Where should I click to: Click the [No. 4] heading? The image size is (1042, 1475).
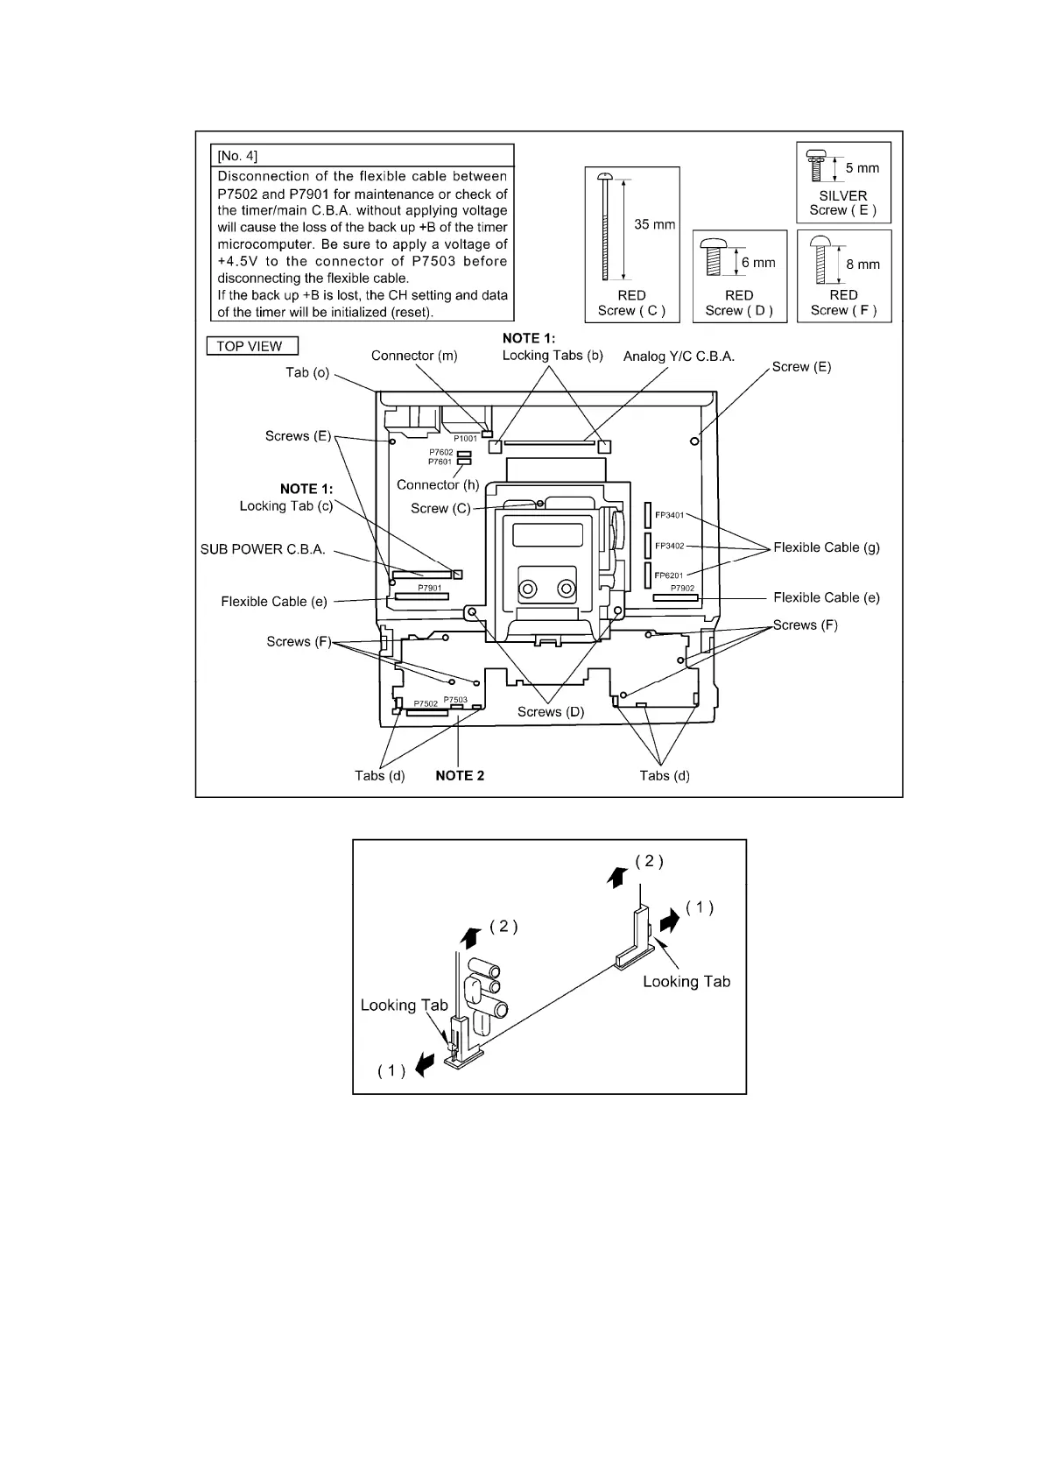pyautogui.click(x=237, y=156)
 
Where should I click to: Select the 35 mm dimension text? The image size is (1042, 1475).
pyautogui.click(x=654, y=224)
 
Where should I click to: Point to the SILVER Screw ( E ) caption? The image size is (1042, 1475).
pyautogui.click(x=843, y=203)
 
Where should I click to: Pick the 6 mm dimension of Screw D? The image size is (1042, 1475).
pyautogui.click(x=758, y=262)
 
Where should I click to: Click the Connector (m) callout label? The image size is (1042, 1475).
pyautogui.click(x=414, y=356)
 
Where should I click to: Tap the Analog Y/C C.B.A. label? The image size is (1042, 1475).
pyautogui.click(x=679, y=356)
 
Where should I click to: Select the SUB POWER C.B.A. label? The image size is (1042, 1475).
pyautogui.click(x=263, y=549)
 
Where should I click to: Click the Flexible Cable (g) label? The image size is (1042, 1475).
pyautogui.click(x=827, y=547)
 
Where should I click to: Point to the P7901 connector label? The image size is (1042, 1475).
pyautogui.click(x=429, y=588)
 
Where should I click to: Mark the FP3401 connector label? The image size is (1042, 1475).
pyautogui.click(x=669, y=515)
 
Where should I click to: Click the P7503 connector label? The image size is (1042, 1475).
pyautogui.click(x=455, y=699)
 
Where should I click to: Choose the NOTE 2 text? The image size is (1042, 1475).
pyautogui.click(x=460, y=775)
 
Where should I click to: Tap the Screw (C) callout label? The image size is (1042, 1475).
pyautogui.click(x=440, y=508)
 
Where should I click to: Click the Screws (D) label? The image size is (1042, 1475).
pyautogui.click(x=550, y=712)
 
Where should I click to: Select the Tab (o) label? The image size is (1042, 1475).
pyautogui.click(x=307, y=372)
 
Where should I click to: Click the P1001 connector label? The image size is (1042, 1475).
pyautogui.click(x=465, y=438)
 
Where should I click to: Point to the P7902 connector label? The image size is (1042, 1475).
pyautogui.click(x=683, y=589)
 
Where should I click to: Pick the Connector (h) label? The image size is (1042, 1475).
pyautogui.click(x=438, y=484)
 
